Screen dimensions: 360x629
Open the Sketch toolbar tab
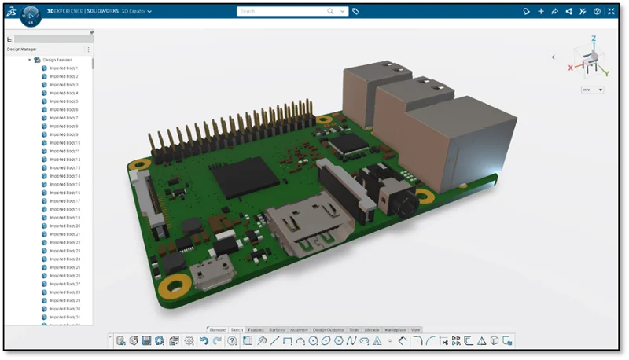pos(237,329)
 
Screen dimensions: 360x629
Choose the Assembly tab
pos(299,329)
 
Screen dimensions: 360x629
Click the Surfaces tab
pos(277,329)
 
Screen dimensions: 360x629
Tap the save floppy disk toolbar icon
pos(146,341)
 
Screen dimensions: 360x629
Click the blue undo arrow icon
pos(204,341)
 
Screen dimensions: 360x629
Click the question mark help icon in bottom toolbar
pos(232,341)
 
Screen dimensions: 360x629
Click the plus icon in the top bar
pos(540,12)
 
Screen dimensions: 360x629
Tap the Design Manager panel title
pos(21,50)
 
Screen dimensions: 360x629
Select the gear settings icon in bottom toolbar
pos(189,341)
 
